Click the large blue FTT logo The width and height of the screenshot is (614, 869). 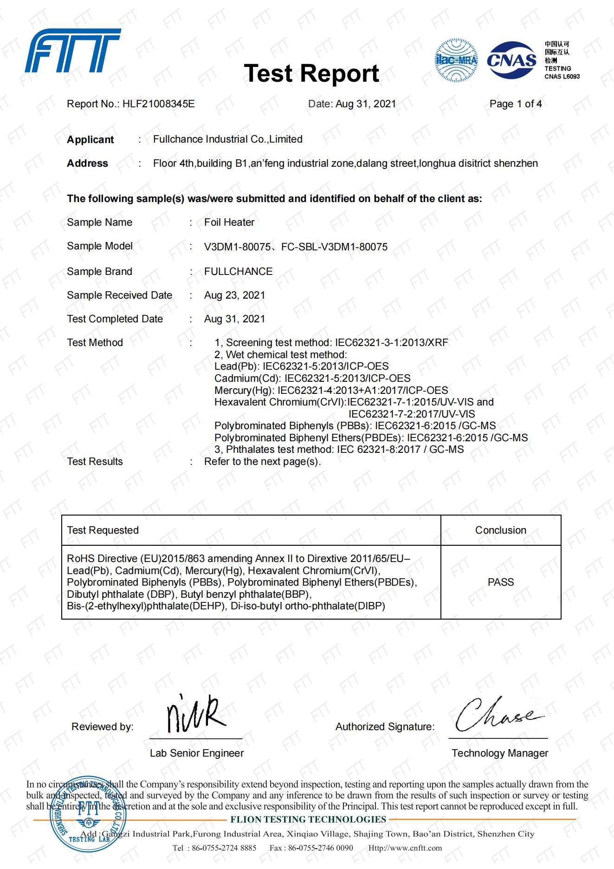pyautogui.click(x=73, y=51)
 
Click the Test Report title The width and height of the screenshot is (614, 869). pyautogui.click(x=311, y=73)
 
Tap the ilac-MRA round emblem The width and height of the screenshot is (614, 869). pyautogui.click(x=456, y=61)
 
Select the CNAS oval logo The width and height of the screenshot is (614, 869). pyautogui.click(x=511, y=60)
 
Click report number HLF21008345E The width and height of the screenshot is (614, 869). pyautogui.click(x=158, y=104)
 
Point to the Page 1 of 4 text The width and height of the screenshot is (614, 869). pyautogui.click(x=515, y=104)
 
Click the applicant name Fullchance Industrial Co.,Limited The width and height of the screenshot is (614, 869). pyautogui.click(x=227, y=139)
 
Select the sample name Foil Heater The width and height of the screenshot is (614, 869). pyautogui.click(x=229, y=222)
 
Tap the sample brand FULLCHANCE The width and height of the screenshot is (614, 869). pyautogui.click(x=238, y=272)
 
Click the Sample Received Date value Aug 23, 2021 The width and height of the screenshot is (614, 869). pyautogui.click(x=234, y=295)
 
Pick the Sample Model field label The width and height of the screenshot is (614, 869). pyautogui.click(x=100, y=246)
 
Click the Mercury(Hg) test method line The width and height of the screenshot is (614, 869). pyautogui.click(x=331, y=391)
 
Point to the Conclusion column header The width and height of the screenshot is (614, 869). pyautogui.click(x=500, y=530)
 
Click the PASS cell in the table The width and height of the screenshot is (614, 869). pyautogui.click(x=500, y=582)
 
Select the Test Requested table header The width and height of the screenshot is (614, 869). pyautogui.click(x=103, y=530)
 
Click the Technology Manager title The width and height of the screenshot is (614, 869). pyautogui.click(x=499, y=753)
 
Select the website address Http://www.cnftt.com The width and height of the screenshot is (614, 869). pyautogui.click(x=405, y=848)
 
